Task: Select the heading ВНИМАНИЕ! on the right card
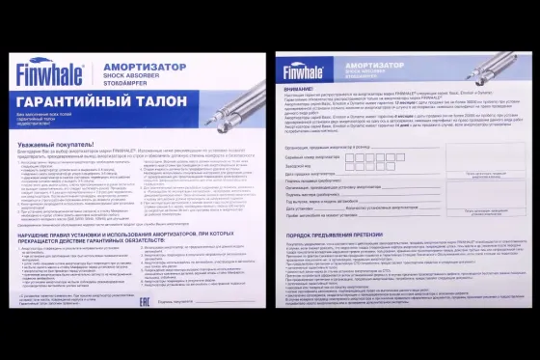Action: point(298,86)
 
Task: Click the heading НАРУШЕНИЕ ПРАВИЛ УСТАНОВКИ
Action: point(135,235)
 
